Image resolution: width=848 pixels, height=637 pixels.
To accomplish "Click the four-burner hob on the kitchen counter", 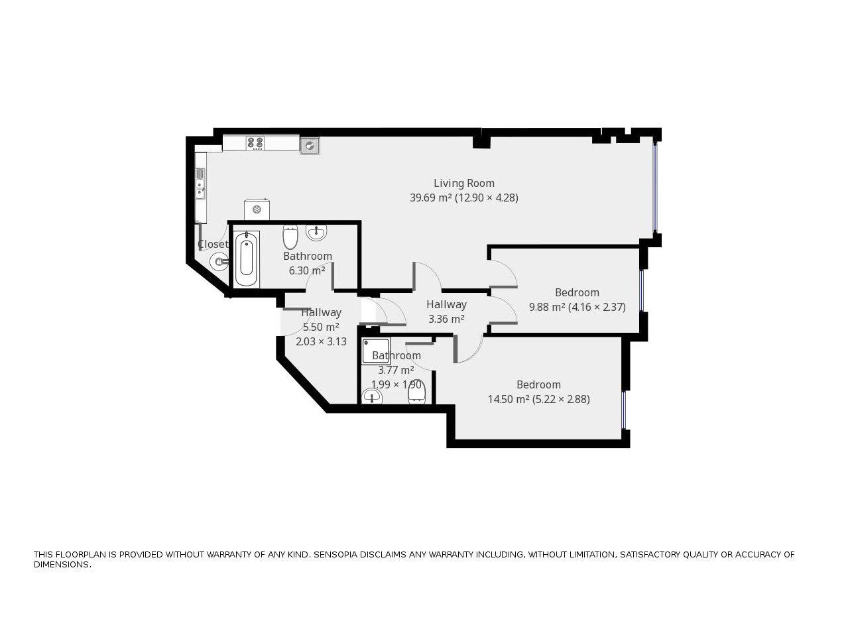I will (x=255, y=143).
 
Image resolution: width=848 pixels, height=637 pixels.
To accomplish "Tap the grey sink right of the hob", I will (x=310, y=145).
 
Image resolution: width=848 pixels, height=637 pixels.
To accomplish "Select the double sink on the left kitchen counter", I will (x=200, y=184).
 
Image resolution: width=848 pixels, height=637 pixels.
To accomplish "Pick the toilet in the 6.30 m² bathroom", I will (x=290, y=237).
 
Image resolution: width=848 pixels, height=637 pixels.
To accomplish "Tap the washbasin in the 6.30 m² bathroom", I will (x=316, y=232).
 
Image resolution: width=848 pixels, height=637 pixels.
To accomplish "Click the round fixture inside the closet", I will (x=219, y=262).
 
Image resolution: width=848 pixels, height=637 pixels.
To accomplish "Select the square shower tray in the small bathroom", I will (x=375, y=351).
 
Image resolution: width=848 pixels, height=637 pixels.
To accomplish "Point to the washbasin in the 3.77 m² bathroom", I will (x=373, y=396).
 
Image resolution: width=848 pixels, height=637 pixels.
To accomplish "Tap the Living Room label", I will (x=464, y=183).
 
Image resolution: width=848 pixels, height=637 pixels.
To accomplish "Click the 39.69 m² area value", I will (x=430, y=198).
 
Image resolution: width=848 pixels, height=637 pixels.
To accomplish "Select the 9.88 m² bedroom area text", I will (x=546, y=307).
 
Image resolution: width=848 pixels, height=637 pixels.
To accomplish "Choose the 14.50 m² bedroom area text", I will (x=508, y=399).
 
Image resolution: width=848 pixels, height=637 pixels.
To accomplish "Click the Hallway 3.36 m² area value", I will (x=446, y=319).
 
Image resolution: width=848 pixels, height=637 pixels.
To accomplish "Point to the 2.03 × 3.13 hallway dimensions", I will (x=321, y=342).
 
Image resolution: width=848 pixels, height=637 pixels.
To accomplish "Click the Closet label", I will (x=212, y=244).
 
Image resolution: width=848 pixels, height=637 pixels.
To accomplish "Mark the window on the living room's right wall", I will (x=655, y=186).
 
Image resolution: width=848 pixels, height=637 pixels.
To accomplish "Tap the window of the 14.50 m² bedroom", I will (x=623, y=410).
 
